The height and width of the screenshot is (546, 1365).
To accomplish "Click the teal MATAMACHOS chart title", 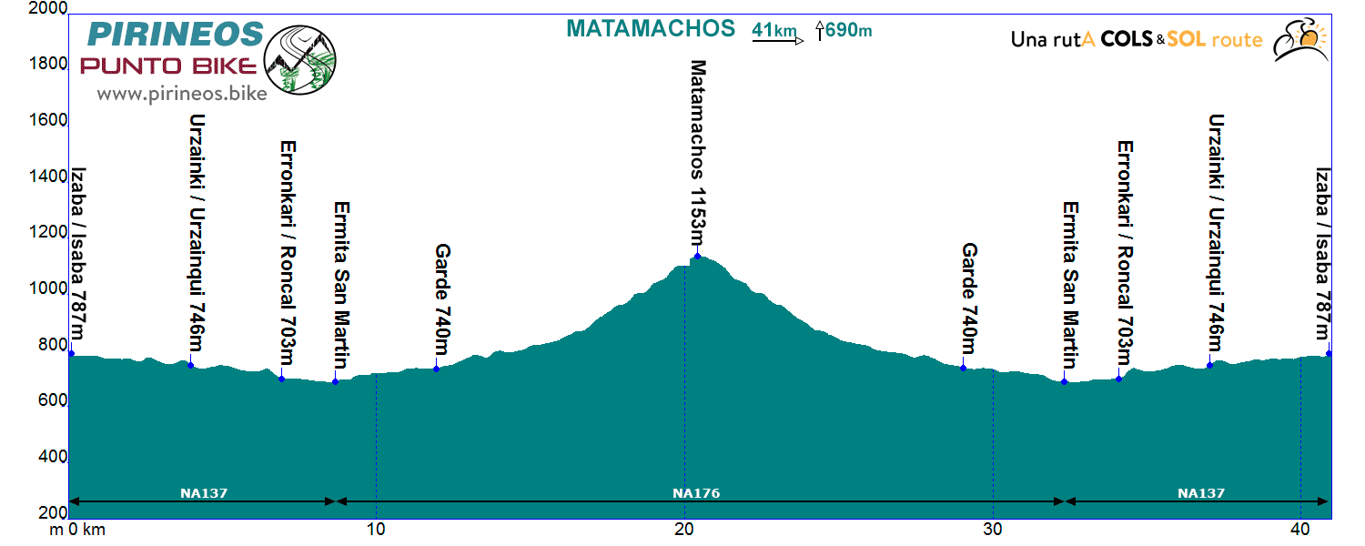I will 650,28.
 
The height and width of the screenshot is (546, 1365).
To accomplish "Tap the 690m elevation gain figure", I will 848,31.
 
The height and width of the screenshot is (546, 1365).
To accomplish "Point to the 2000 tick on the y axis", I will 48,9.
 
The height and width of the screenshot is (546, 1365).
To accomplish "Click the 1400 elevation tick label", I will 48,177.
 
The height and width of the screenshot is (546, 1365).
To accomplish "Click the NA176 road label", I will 696,493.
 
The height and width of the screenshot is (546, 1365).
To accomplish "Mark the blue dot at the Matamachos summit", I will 698,256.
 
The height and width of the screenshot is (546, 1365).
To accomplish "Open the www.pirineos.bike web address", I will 181,93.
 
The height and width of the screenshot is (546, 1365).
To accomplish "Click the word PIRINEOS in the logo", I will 176,35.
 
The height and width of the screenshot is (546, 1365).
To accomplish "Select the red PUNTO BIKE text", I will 169,66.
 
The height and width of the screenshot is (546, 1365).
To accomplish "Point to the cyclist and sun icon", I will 1300,40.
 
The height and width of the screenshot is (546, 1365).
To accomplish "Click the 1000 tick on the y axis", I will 48,288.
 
